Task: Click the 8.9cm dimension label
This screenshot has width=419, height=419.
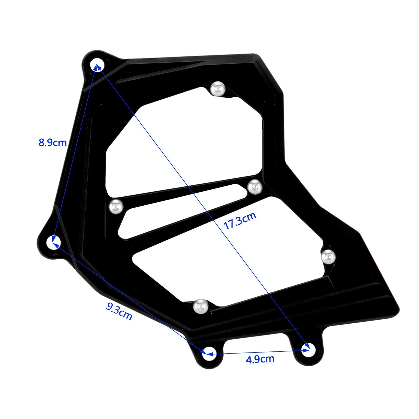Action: coord(53,143)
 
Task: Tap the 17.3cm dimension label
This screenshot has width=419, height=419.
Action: coord(240,221)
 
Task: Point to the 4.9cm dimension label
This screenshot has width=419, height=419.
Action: coord(260,359)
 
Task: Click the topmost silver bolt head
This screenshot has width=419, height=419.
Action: coord(218,89)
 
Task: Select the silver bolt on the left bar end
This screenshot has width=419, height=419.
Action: coord(116,206)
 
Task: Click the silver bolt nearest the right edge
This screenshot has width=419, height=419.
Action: coord(328,257)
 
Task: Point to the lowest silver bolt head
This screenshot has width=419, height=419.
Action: coord(201,306)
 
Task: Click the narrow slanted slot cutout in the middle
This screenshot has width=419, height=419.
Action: coord(181,212)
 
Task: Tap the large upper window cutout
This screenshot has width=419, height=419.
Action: coord(183,141)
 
